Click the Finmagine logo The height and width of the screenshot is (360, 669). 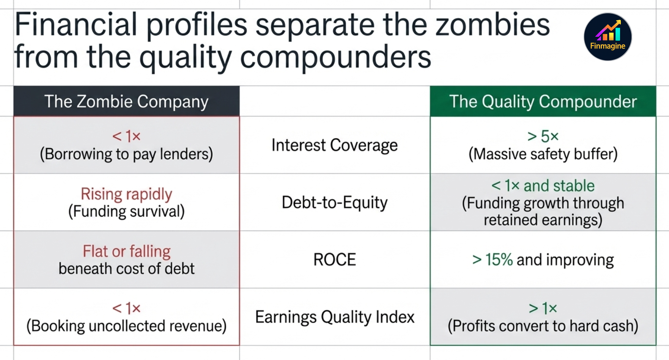(608, 37)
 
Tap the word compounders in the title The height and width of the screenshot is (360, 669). (335, 57)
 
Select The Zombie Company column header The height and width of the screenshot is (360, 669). (126, 102)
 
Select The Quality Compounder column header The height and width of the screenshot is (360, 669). (543, 102)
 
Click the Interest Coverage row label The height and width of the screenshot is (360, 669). (334, 145)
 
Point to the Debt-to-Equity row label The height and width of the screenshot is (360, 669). (334, 203)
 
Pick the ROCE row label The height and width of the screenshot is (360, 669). (334, 260)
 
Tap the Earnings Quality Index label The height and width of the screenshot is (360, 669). (334, 317)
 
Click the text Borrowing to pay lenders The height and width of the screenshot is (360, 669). (126, 154)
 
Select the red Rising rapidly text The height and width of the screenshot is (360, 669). (126, 194)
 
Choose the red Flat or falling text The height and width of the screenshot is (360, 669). (126, 252)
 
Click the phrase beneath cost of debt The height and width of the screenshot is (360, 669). (126, 269)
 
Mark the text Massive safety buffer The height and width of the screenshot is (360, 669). (543, 154)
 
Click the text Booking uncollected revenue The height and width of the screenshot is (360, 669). (126, 326)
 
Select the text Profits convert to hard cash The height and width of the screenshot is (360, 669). (543, 326)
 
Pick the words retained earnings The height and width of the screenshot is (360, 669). (543, 220)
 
